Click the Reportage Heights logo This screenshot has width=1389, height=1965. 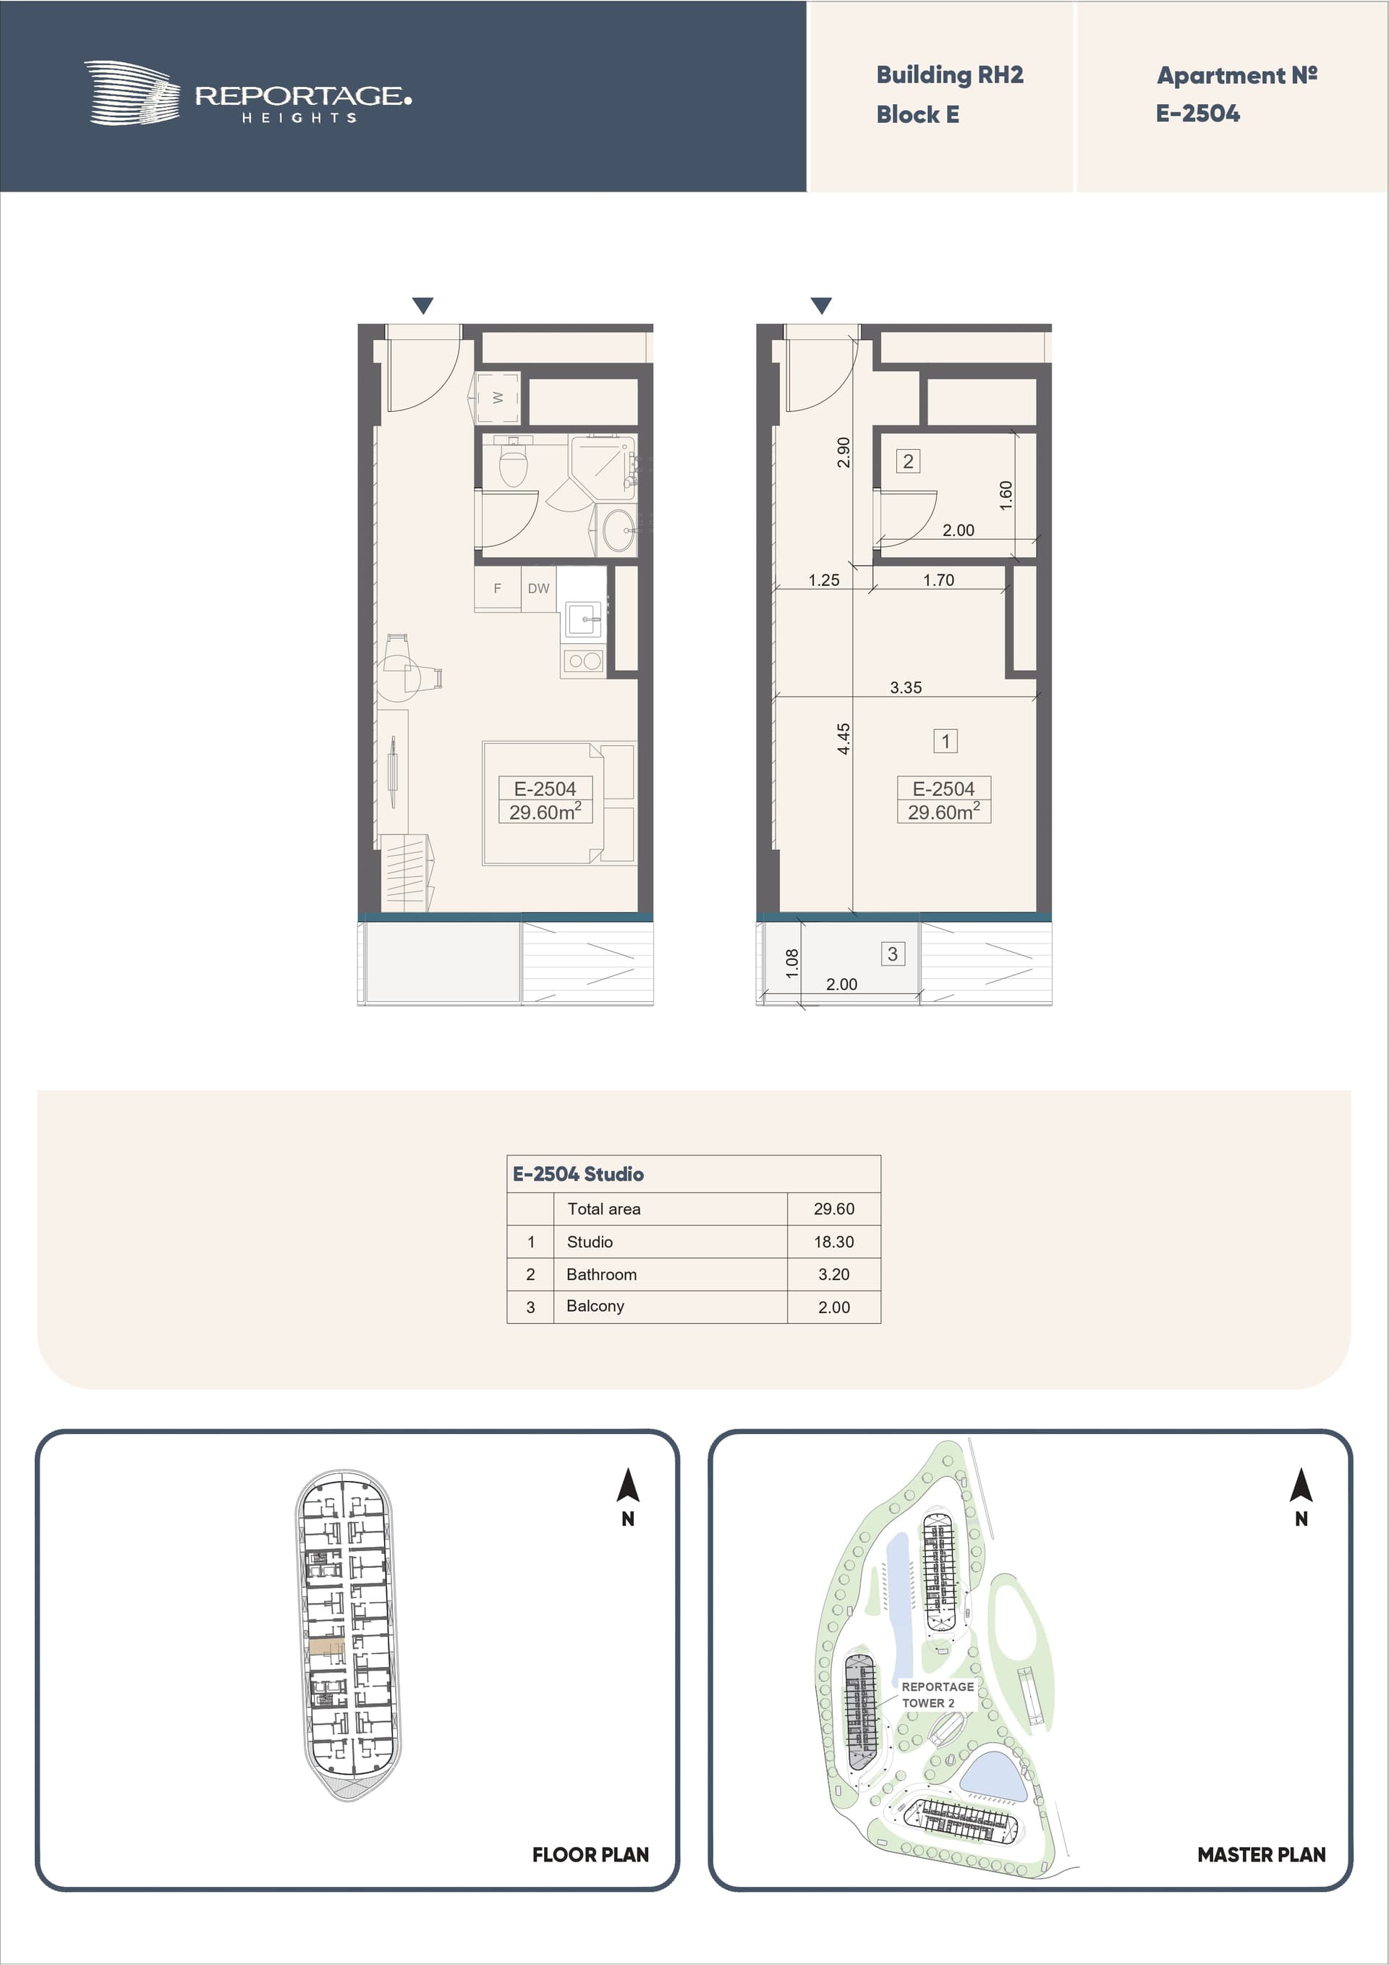coord(247,93)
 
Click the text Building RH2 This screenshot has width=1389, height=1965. coord(949,75)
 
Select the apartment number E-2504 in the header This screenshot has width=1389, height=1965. coord(1197,114)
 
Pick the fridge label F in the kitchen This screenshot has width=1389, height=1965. coord(497,588)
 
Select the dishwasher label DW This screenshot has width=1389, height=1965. coord(538,588)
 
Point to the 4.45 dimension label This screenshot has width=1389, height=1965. coord(844,739)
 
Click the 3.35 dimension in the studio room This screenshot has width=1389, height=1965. coord(906,687)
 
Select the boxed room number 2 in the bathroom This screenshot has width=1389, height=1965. coord(908,462)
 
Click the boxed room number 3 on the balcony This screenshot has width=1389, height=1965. coord(893,954)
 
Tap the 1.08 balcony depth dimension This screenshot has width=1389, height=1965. coord(792,963)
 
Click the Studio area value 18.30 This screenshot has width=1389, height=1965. coord(833,1242)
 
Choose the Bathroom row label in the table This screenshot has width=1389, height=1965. coord(602,1274)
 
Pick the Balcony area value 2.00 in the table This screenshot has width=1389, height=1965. coord(833,1307)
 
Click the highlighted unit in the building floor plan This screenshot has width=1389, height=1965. coord(326,1647)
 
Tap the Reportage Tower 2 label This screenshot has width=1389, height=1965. coord(937,1694)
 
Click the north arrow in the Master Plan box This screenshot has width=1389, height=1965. coord(1301,1486)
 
